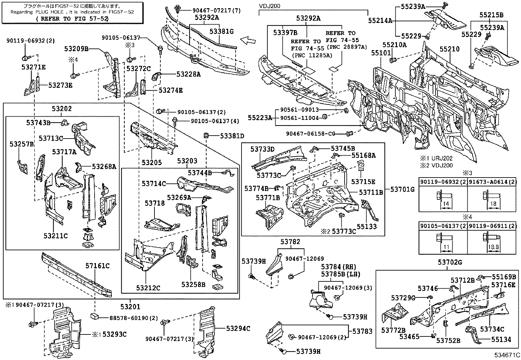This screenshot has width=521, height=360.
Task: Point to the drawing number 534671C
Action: pos(507,355)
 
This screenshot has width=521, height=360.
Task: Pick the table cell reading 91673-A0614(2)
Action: pos(493,182)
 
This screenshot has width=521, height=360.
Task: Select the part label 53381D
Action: pos(232,136)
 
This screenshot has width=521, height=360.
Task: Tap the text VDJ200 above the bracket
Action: pos(270,6)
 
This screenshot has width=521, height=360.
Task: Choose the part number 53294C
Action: pos(239,328)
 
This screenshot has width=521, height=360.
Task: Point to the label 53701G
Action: pos(403,189)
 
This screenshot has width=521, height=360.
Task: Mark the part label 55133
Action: pos(367,226)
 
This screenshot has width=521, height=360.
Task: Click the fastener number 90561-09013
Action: pos(299,110)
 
